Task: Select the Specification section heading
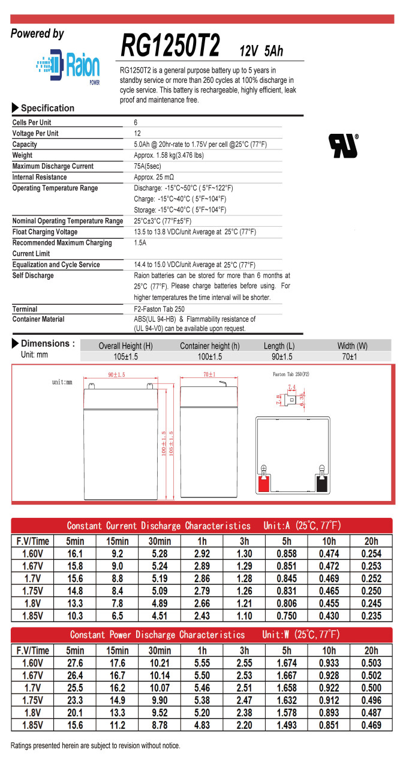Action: click(x=47, y=108)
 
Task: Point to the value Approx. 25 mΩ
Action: click(x=154, y=177)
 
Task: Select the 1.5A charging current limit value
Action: click(x=140, y=243)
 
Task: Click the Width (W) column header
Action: click(x=352, y=346)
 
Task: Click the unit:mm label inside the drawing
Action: click(x=62, y=382)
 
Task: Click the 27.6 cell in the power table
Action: click(x=75, y=662)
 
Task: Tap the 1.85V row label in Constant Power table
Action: click(x=32, y=725)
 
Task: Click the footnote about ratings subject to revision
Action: click(x=95, y=745)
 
